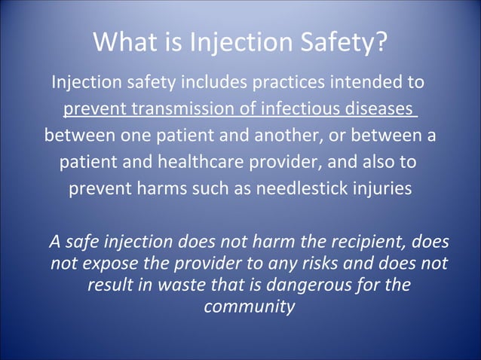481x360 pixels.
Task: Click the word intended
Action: [363, 81]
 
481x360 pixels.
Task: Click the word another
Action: [284, 136]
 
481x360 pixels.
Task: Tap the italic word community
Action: [249, 307]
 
